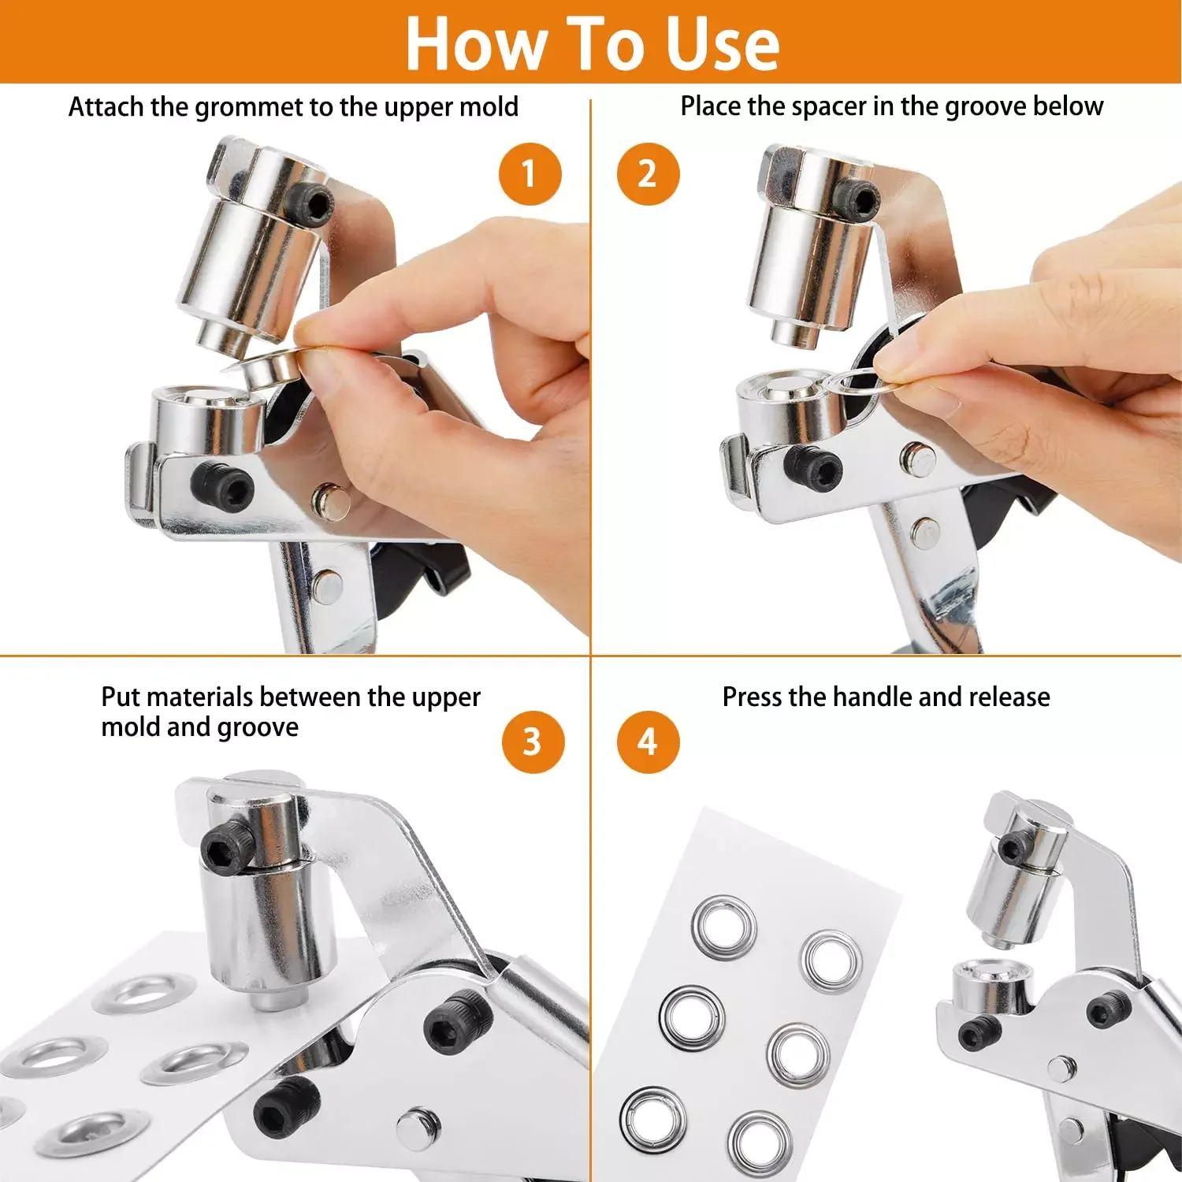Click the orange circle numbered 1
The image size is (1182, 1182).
click(x=530, y=173)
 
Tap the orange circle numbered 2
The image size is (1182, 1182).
click(x=648, y=173)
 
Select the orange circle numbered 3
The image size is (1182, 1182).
click(x=533, y=742)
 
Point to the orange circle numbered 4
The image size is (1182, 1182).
click(x=648, y=742)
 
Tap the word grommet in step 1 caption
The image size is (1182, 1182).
click(x=247, y=107)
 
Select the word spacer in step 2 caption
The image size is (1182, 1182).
click(x=828, y=106)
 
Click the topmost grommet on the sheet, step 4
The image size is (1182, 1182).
click(x=724, y=927)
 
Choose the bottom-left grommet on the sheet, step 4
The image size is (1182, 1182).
click(x=652, y=1117)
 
